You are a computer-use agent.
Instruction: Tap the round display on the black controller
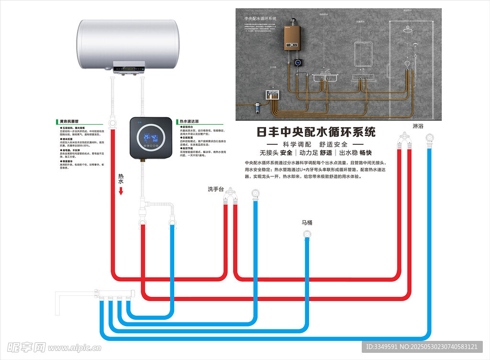pyautogui.click(x=152, y=139)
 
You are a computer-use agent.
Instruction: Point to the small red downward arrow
pyautogui.click(x=121, y=191)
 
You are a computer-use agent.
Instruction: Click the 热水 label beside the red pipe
pyautogui.click(x=121, y=179)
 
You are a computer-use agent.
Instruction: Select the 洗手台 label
pyautogui.click(x=216, y=189)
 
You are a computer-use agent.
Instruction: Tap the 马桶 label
pyautogui.click(x=307, y=222)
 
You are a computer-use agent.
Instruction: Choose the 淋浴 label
pyautogui.click(x=418, y=126)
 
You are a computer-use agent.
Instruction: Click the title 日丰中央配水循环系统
pyautogui.click(x=316, y=132)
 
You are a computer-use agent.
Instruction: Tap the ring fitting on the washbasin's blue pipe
pyautogui.click(x=256, y=194)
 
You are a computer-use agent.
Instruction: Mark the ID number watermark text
pyautogui.click(x=421, y=347)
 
